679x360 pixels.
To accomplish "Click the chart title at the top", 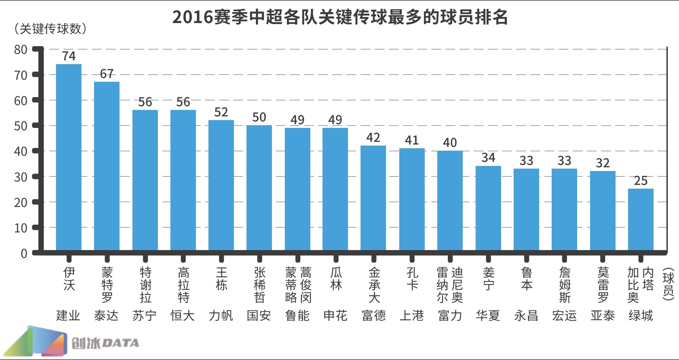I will [340, 17].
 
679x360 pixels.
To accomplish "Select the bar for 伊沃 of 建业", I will [69, 157].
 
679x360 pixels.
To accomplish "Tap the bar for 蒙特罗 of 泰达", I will [107, 166].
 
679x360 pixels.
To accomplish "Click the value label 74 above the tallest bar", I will [69, 56].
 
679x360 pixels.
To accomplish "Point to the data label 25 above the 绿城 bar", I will [641, 181].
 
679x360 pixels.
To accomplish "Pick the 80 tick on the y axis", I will [20, 50].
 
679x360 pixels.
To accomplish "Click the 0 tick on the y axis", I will [24, 253].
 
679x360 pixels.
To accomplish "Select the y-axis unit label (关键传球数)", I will [50, 29].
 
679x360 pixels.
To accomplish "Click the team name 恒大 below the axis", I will [183, 316].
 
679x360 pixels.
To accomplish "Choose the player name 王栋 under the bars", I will [221, 279].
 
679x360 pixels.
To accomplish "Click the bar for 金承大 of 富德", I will [373, 198].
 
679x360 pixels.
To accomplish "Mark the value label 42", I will [373, 137].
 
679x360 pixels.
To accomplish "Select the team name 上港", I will [411, 316].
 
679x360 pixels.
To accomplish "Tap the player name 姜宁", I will [488, 279].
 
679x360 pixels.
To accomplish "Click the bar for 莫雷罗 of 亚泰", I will [603, 211].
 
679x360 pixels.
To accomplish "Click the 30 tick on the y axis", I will [20, 177].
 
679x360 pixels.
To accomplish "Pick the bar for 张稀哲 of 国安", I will [259, 188].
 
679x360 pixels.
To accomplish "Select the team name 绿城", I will [641, 316].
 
